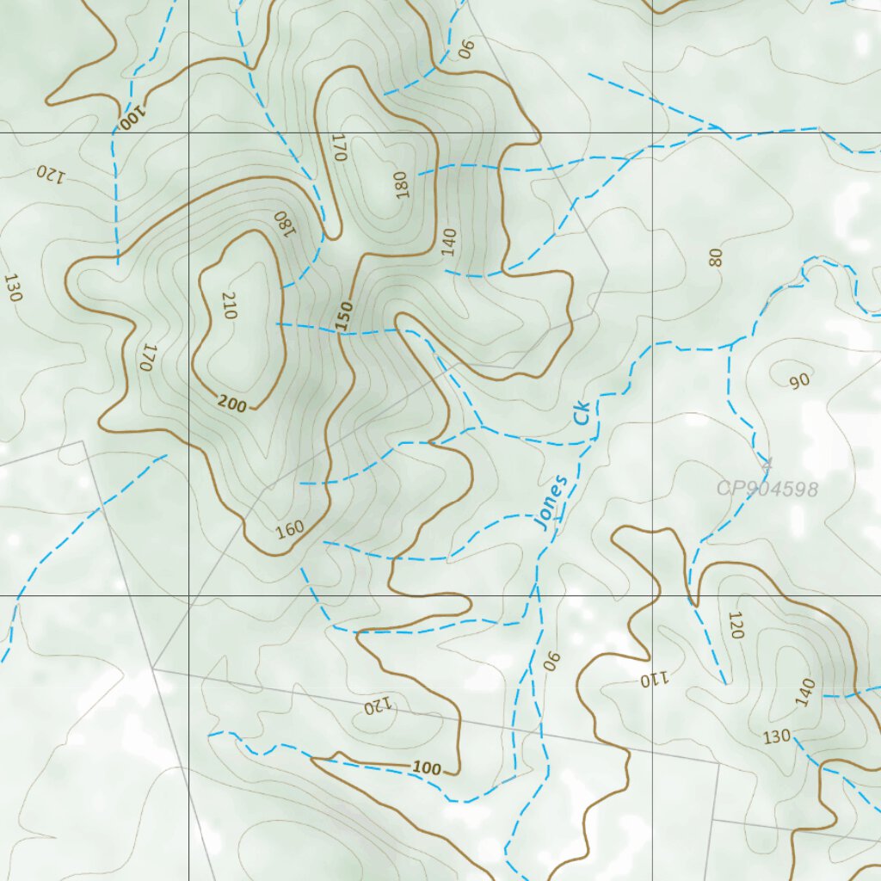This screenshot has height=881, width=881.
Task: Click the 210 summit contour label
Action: tap(229, 305)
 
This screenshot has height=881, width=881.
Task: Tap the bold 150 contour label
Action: tap(345, 316)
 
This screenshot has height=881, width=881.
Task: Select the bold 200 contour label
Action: tap(232, 402)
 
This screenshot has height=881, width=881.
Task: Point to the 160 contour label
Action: tap(290, 529)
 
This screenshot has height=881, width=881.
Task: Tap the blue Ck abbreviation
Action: tap(584, 413)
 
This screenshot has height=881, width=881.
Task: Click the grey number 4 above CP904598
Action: tap(767, 465)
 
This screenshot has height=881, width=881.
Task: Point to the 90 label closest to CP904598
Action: tap(799, 381)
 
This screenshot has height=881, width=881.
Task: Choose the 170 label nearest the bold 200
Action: tap(147, 357)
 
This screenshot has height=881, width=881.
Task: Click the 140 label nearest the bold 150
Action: tap(447, 243)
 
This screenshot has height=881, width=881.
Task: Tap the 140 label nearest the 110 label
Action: tap(805, 693)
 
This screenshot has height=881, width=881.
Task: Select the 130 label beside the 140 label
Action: tap(777, 736)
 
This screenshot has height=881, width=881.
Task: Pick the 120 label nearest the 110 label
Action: tap(735, 625)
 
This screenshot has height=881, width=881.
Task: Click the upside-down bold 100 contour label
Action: tap(132, 117)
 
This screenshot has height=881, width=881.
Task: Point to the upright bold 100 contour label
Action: tap(427, 768)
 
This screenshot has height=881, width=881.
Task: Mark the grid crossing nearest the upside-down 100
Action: tap(188, 133)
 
